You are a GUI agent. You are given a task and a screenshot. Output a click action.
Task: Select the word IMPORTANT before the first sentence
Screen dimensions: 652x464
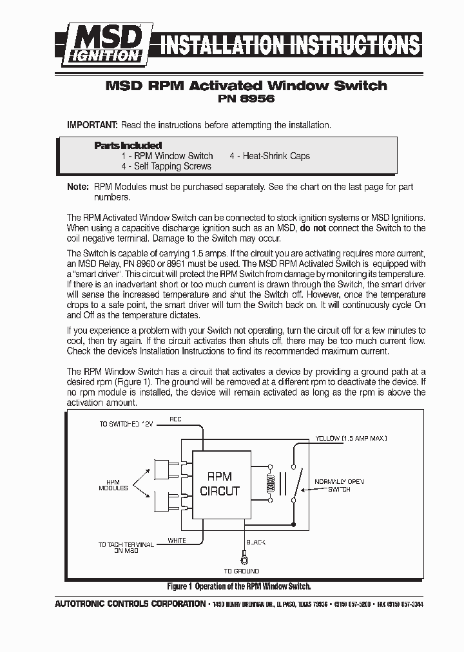[92, 125]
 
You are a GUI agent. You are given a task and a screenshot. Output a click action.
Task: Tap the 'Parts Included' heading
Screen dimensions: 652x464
[128, 146]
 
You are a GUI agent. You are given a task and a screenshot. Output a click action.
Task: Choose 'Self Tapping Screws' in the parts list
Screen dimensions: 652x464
[166, 166]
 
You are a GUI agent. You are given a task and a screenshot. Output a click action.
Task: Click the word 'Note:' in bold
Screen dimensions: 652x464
[78, 187]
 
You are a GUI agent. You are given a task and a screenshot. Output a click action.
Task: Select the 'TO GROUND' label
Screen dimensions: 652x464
[242, 571]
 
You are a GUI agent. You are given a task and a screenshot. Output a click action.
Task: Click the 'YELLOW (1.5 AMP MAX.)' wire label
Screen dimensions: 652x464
[351, 438]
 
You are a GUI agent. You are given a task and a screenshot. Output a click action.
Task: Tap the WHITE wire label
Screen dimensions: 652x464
[177, 541]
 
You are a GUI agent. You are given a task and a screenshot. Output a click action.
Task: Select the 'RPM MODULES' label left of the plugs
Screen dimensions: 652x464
[113, 485]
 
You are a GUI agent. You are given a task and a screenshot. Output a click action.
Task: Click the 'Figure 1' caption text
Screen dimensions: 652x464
[238, 586]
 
